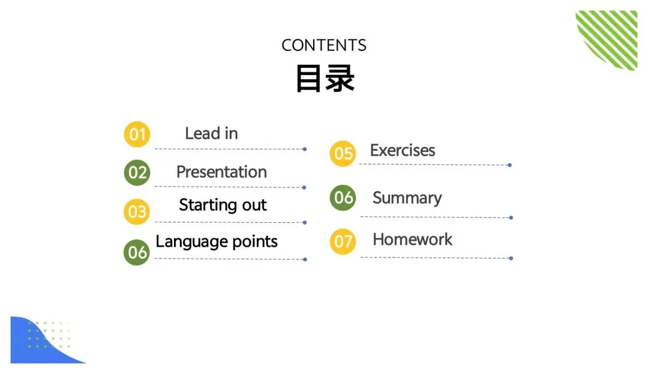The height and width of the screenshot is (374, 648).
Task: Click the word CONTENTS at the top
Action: (x=323, y=45)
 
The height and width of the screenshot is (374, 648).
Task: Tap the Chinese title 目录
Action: (x=325, y=79)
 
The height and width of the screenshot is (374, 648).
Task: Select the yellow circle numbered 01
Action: (x=137, y=134)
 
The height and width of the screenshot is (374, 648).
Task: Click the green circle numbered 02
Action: (x=137, y=173)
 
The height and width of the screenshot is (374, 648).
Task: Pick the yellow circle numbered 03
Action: (x=137, y=211)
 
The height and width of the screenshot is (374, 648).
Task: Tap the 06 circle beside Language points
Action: (x=137, y=252)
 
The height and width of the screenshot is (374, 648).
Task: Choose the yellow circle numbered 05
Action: (x=343, y=154)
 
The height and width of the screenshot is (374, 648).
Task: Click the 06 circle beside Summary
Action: (x=343, y=198)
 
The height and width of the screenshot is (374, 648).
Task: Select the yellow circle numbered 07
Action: (x=343, y=242)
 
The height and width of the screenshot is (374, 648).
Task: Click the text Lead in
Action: (x=211, y=133)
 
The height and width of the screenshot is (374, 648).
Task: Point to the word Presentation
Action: (x=221, y=172)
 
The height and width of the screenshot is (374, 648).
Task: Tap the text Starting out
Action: (x=223, y=205)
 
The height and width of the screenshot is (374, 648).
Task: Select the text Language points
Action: (x=217, y=242)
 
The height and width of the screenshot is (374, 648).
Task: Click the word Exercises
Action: (x=403, y=150)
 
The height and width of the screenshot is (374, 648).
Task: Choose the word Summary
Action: (x=407, y=198)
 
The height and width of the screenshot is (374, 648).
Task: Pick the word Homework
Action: (x=413, y=240)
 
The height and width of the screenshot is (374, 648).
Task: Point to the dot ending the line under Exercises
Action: (x=509, y=165)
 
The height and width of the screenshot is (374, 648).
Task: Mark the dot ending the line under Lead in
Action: (x=305, y=149)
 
